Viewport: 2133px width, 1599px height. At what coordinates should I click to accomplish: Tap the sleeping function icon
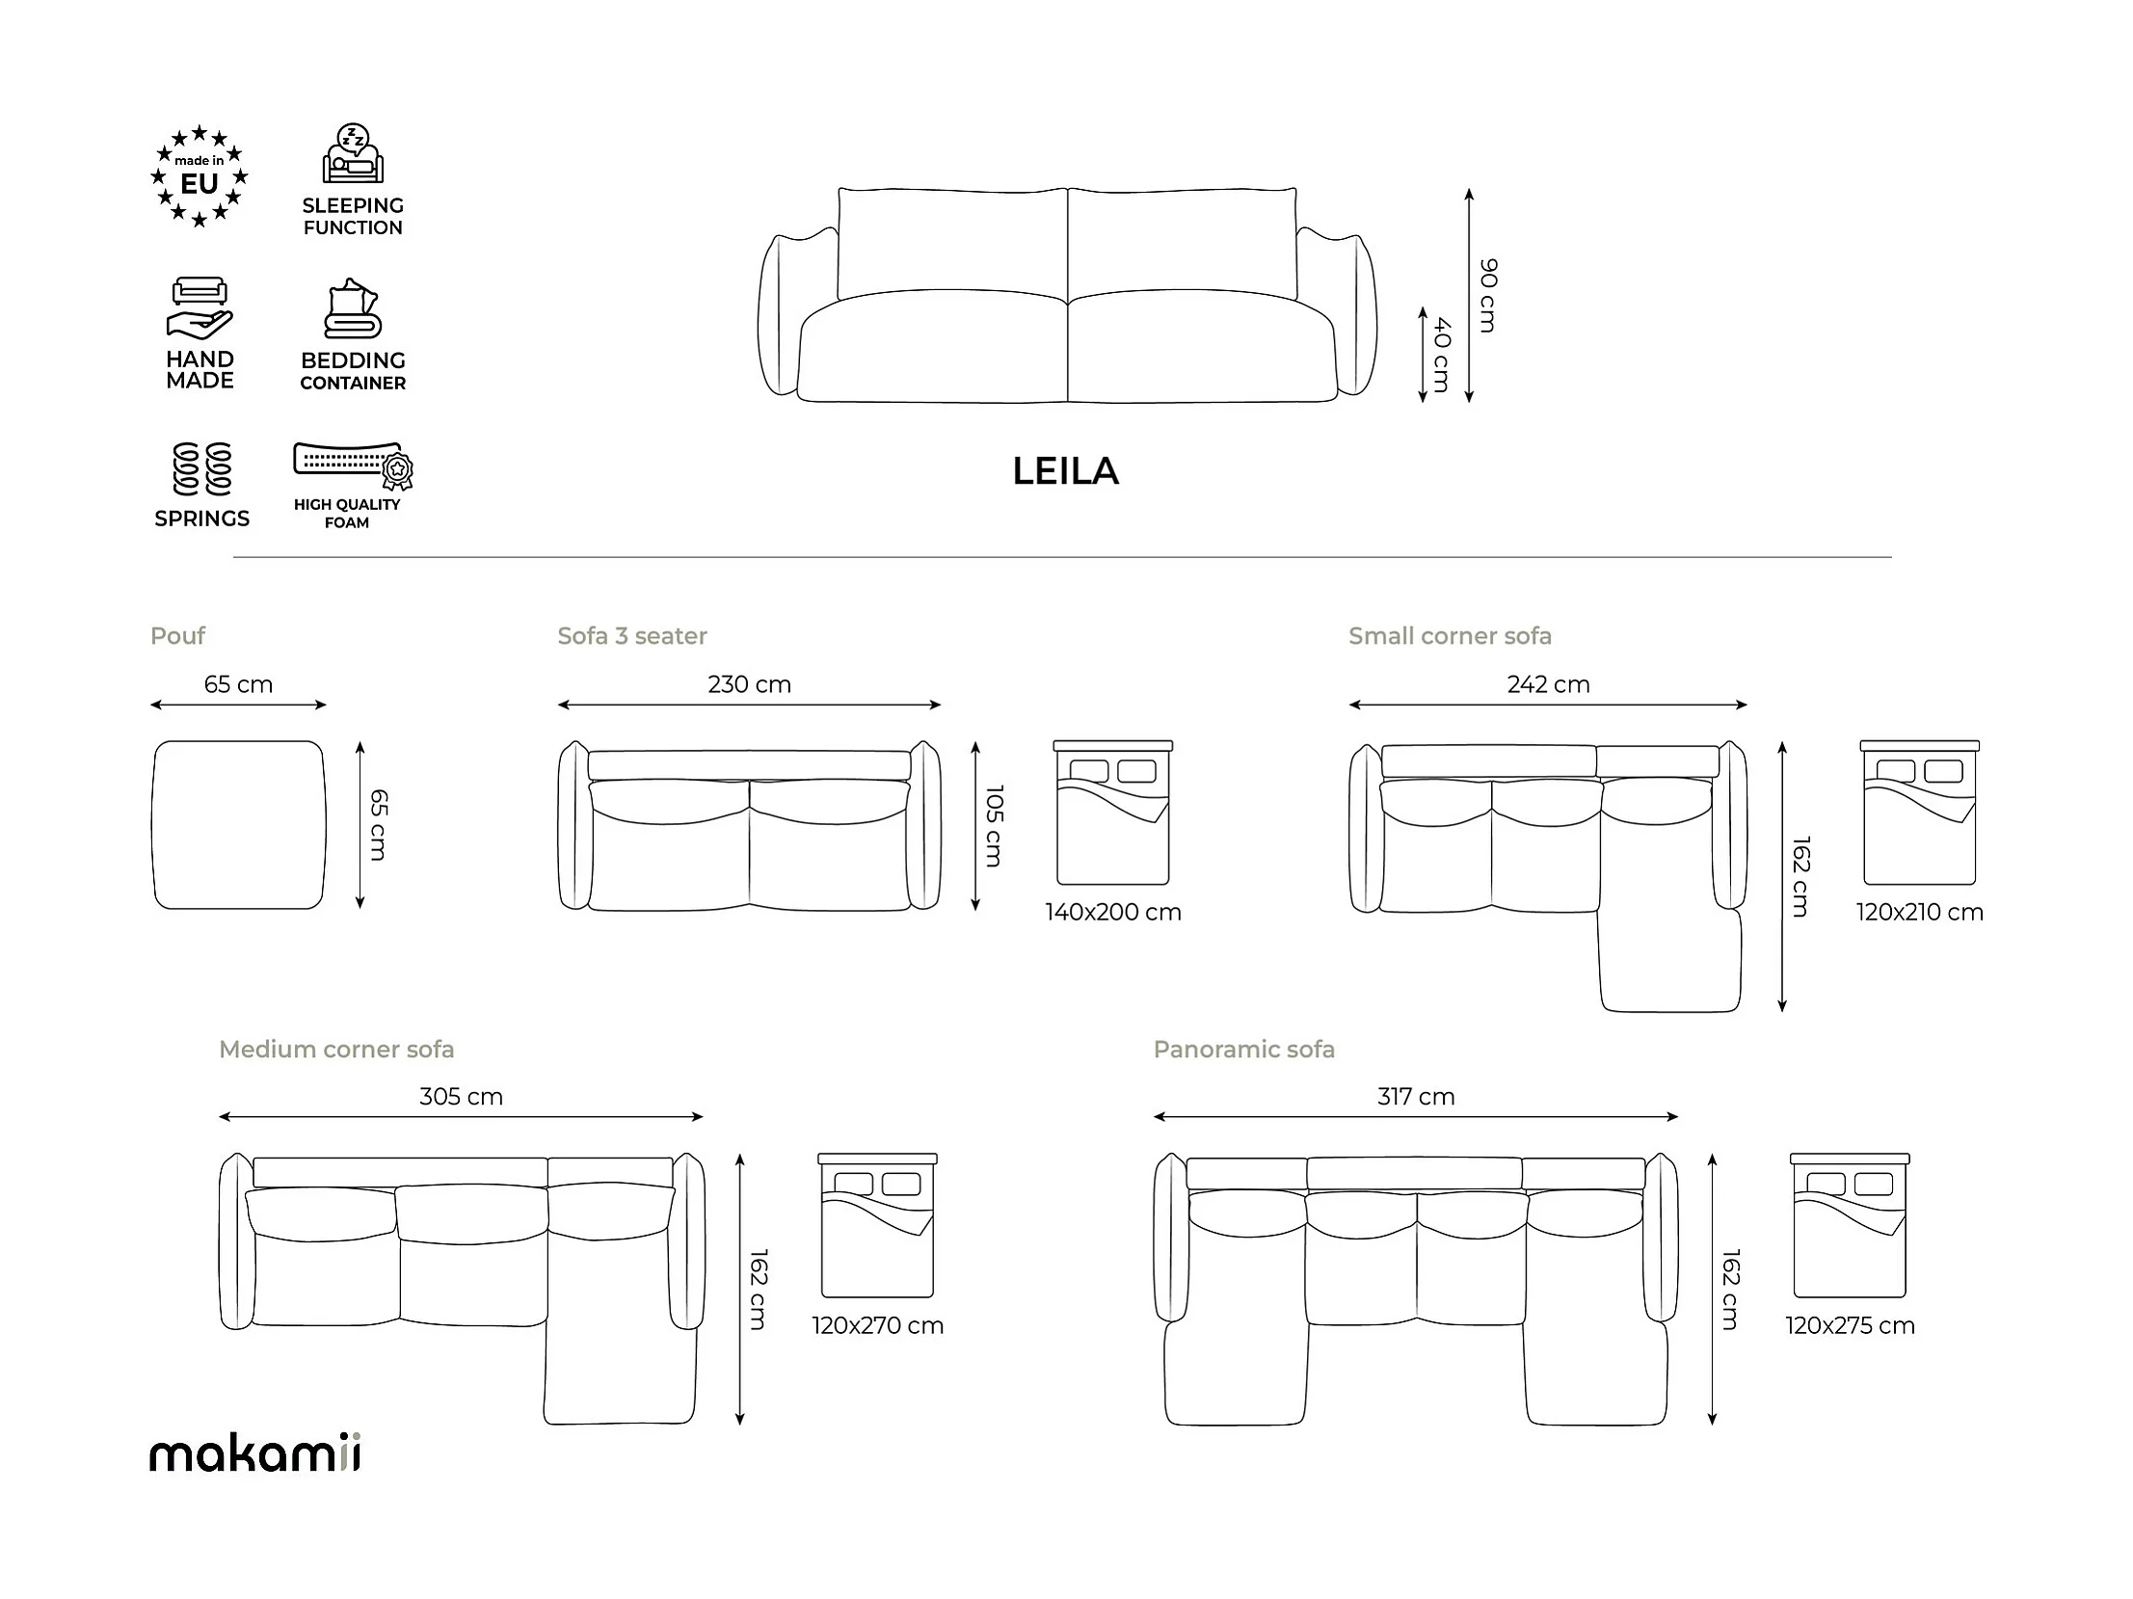pos(353,154)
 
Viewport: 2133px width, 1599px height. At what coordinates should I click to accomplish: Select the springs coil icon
pos(201,468)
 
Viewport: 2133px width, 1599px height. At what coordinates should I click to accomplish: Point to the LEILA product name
pos(1065,471)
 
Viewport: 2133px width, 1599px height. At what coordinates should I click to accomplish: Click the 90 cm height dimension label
pos(1488,295)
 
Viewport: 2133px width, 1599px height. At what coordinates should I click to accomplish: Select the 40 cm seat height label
pos(1442,354)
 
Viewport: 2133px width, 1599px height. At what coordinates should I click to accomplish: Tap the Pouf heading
pos(177,636)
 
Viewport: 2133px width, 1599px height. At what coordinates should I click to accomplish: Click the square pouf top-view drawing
pos(239,825)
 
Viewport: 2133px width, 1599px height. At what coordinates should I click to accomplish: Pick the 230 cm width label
pos(749,684)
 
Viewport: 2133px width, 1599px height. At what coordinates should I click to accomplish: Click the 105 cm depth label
pos(994,826)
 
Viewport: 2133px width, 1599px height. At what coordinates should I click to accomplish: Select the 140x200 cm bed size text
pos(1113,913)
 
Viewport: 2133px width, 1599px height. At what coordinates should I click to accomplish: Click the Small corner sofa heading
pos(1450,636)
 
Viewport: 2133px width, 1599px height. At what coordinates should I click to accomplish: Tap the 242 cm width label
pos(1548,684)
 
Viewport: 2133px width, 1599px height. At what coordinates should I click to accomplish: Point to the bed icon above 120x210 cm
pos(1919,813)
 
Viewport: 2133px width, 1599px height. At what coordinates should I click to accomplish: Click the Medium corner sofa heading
pos(335,1050)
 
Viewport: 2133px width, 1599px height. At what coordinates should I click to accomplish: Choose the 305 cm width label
pos(461,1097)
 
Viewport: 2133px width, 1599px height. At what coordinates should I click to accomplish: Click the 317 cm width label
pos(1416,1097)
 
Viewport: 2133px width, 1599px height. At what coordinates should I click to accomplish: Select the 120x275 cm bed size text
pos(1850,1326)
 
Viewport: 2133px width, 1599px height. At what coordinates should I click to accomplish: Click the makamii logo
pos(255,1453)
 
